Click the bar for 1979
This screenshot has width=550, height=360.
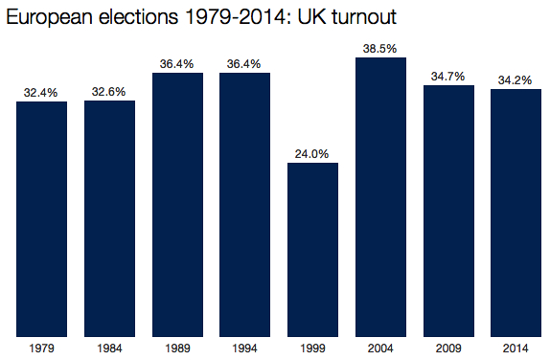pos(41,218)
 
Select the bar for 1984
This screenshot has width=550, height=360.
pos(109,218)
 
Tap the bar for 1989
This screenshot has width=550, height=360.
pos(177,204)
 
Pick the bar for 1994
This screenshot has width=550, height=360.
pos(244,204)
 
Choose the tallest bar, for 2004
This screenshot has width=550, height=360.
pos(380,196)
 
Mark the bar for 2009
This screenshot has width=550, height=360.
pos(448,211)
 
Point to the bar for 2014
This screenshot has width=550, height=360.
pos(516,213)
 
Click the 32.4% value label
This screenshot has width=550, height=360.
pos(41,93)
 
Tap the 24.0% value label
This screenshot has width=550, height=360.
pos(312,153)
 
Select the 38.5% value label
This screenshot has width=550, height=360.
pos(380,48)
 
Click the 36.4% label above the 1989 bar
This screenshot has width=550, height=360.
pos(177,63)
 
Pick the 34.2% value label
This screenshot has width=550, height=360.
pos(516,79)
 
